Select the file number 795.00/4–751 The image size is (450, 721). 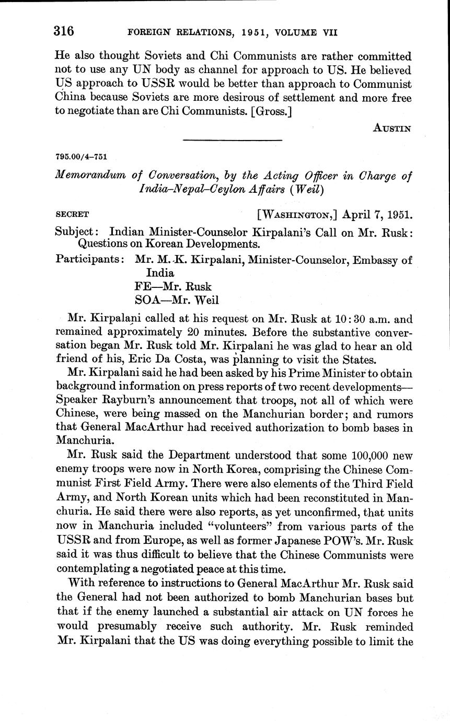[81, 157]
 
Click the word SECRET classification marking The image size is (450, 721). [72, 214]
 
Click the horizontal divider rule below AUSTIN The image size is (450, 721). [233, 140]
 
